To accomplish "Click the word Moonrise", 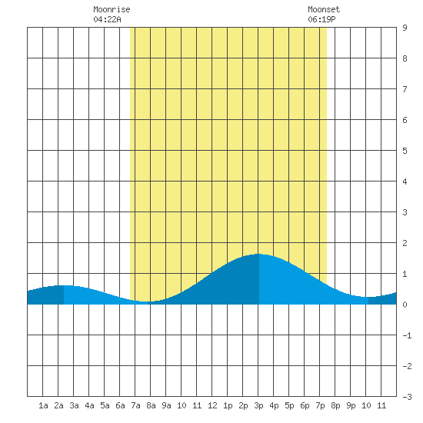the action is click(x=112, y=9).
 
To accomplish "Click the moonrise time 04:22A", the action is click(x=107, y=19).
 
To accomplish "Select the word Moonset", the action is click(x=324, y=9).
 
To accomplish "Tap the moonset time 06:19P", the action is click(x=321, y=19).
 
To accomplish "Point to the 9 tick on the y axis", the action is click(x=405, y=28).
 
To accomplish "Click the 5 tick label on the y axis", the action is click(x=405, y=151).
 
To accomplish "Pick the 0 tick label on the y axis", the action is click(x=405, y=305).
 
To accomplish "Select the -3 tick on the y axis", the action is click(x=407, y=397).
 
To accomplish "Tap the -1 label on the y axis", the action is click(x=407, y=335).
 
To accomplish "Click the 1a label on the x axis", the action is click(x=43, y=405).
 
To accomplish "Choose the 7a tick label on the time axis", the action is click(x=135, y=405).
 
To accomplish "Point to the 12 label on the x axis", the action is click(x=212, y=405).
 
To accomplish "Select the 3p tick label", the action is click(x=258, y=405).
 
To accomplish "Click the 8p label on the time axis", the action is click(x=335, y=405).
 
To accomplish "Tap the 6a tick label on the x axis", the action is click(x=120, y=405).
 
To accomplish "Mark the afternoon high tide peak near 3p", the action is click(x=258, y=254).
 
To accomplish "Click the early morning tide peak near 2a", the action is click(x=64, y=285).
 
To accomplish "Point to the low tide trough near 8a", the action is click(x=145, y=301).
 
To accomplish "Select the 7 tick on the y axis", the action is click(x=405, y=89).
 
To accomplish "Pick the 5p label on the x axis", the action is click(x=289, y=405).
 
